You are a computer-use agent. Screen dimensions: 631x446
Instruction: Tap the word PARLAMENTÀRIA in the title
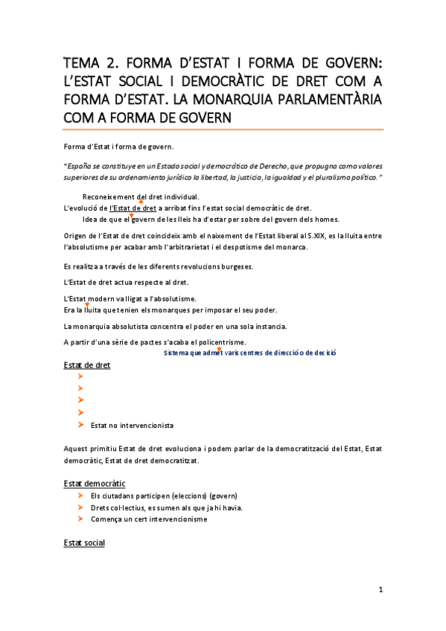click(x=328, y=99)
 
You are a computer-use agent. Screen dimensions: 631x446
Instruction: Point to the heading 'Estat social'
click(x=84, y=543)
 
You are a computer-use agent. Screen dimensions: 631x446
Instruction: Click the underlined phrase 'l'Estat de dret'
click(x=132, y=208)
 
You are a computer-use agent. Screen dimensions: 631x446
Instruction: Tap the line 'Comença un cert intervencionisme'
click(x=148, y=519)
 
